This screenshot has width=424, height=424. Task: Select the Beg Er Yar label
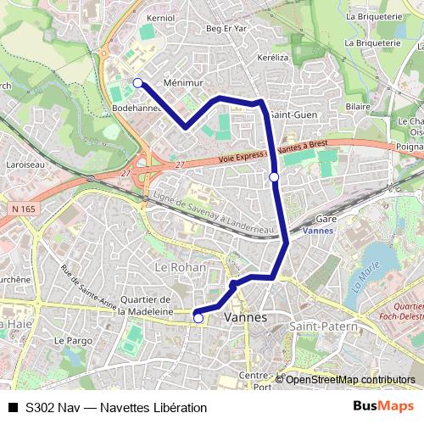pyautogui.click(x=224, y=28)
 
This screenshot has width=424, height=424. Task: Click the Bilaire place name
pyautogui.click(x=358, y=107)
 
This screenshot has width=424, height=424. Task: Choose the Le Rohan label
pyautogui.click(x=175, y=266)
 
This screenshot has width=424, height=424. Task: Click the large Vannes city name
pyautogui.click(x=245, y=317)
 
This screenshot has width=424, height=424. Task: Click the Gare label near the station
pyautogui.click(x=326, y=219)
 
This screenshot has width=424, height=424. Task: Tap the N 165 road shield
pyautogui.click(x=27, y=208)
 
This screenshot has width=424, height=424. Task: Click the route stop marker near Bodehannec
pyautogui.click(x=137, y=82)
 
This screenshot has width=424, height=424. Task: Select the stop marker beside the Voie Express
pyautogui.click(x=273, y=176)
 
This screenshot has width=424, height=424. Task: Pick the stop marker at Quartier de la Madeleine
pyautogui.click(x=198, y=318)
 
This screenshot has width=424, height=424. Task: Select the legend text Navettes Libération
pyautogui.click(x=153, y=407)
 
